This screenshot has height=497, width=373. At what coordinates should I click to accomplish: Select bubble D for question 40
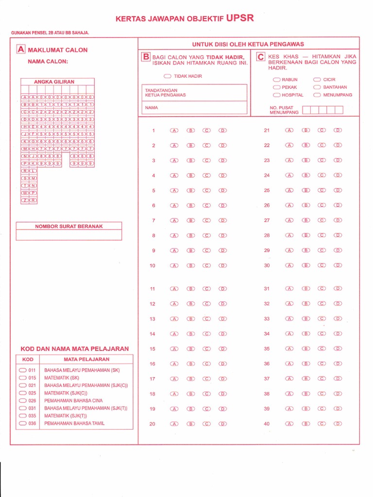tap(338, 424)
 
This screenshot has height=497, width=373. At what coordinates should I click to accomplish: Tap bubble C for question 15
tap(207, 348)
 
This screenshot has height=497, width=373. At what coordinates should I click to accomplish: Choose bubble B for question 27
tap(306, 220)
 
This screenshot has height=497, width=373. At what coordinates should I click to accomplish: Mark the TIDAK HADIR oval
tap(168, 76)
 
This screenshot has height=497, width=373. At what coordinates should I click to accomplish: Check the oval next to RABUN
tap(276, 80)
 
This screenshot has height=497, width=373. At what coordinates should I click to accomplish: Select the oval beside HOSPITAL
tap(276, 95)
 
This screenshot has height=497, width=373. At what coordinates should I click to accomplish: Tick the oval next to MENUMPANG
tap(317, 95)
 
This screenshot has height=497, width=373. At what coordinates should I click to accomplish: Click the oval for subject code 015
tap(23, 378)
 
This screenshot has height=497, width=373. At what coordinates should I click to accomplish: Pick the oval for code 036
tap(23, 423)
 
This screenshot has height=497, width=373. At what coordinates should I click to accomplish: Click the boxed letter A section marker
tap(20, 50)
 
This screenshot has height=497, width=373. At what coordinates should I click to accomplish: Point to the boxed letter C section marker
tap(261, 57)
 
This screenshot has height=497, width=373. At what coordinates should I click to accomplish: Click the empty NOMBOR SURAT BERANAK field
tap(68, 235)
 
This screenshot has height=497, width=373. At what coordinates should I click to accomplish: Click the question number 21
tap(267, 131)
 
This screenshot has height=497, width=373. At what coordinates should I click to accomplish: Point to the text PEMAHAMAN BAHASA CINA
tap(73, 401)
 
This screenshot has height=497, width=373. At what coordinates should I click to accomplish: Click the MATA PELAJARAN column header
tap(86, 360)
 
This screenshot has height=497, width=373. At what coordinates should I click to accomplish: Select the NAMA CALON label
tap(48, 62)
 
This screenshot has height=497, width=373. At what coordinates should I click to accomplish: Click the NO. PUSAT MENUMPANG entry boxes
tap(322, 110)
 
